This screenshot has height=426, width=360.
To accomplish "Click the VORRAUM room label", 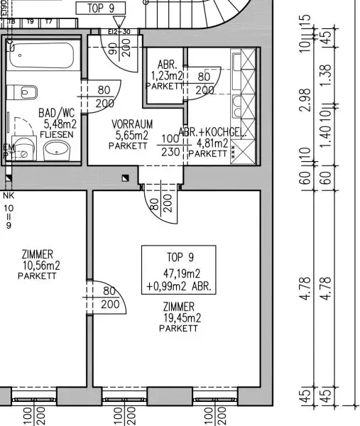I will [x=132, y=124].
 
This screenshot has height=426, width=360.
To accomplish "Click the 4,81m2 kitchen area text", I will [x=208, y=143].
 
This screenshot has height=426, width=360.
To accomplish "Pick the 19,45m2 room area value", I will [x=179, y=317].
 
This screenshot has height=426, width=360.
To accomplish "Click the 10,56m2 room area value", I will [x=41, y=266].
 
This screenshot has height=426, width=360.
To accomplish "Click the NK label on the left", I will [x=9, y=196].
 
